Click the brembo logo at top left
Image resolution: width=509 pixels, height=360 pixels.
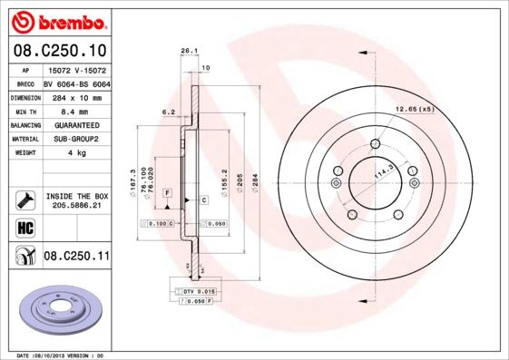pos(57,21)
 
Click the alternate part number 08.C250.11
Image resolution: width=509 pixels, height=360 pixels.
pos(76,257)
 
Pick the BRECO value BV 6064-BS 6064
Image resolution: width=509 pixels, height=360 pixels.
pos(76,83)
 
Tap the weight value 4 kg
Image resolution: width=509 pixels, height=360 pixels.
pos(76,153)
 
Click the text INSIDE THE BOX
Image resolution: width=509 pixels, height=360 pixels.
pos(76,196)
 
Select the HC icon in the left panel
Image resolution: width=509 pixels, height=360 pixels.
pos(25,228)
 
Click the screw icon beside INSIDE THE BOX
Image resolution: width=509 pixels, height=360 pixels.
pos(25,200)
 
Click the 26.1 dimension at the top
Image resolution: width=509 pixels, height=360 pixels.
pos(189,52)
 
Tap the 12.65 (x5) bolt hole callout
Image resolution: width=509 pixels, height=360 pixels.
pos(415,110)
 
